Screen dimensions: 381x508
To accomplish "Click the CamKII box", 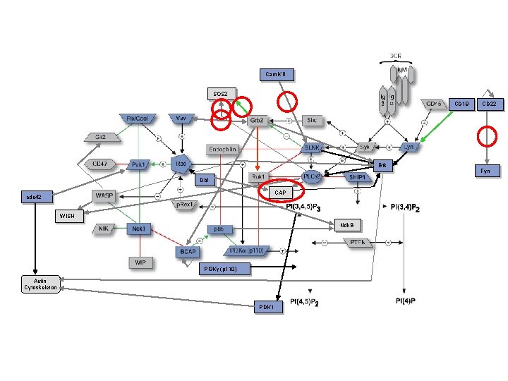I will tap(275, 74).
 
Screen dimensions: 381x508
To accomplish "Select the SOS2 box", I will tap(220, 94).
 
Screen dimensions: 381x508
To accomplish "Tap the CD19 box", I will tap(461, 104).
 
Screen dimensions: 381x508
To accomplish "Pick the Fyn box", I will tap(487, 171).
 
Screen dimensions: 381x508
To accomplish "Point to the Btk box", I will tap(382, 165).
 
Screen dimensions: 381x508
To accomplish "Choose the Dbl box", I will tap(204, 180).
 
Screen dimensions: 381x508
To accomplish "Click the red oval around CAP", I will tap(282, 190).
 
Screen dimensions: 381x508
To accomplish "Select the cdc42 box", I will tap(35, 197).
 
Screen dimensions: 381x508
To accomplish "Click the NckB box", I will tap(346, 225).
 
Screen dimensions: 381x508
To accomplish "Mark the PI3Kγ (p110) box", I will tap(224, 269).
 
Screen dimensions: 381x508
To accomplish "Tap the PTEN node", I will tap(358, 243).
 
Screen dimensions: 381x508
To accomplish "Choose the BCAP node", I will tap(188, 250).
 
